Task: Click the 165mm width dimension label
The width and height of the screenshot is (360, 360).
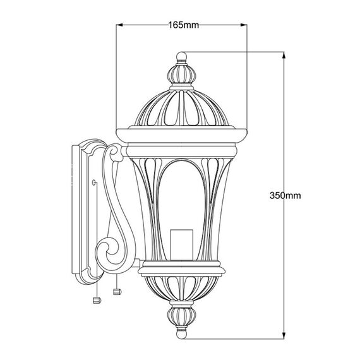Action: [x=183, y=25]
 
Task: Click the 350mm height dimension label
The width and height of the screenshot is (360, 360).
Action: [x=285, y=196]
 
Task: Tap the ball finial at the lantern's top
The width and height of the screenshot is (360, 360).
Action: [x=181, y=56]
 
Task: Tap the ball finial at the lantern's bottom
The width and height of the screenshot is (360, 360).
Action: [x=181, y=334]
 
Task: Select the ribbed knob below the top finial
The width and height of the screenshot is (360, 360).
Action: [x=181, y=74]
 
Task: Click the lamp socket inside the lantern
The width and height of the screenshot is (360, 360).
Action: [x=181, y=245]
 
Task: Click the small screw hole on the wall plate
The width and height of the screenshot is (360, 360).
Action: [x=93, y=183]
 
